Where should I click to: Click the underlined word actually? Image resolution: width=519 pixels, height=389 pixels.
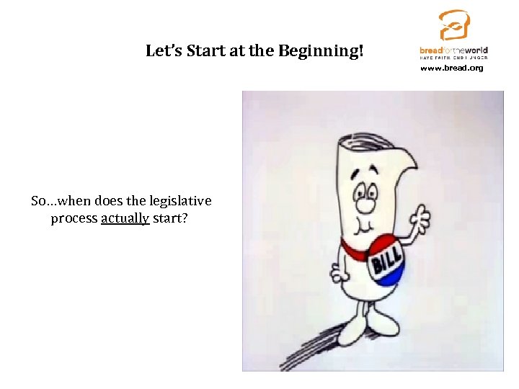tap(125, 218)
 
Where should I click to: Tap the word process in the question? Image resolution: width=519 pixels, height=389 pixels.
tap(74, 218)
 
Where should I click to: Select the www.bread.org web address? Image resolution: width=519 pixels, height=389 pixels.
tap(452, 68)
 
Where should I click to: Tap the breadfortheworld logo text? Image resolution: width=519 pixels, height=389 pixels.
tap(453, 50)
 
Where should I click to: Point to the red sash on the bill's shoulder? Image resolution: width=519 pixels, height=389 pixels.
tap(353, 249)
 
